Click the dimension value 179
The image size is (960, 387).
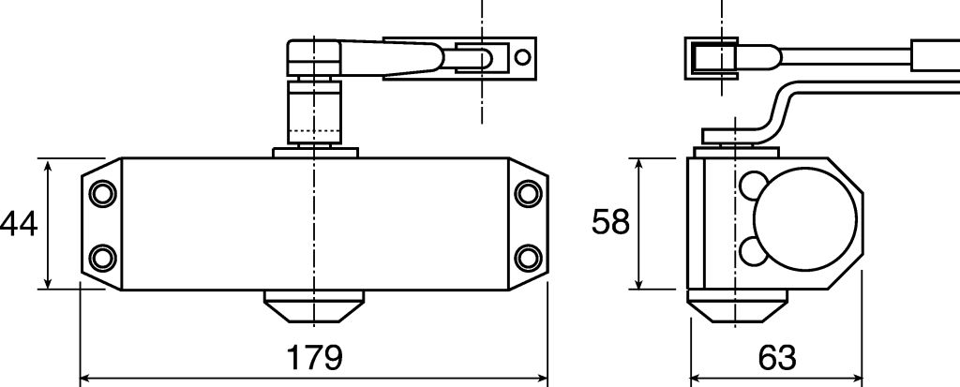click(314, 358)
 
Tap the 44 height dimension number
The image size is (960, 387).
click(19, 224)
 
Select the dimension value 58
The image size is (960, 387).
click(610, 222)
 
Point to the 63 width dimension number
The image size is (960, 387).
click(777, 358)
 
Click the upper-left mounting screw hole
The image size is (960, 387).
click(102, 193)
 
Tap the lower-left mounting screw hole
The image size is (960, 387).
click(102, 258)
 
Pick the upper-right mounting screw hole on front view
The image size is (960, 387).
click(528, 193)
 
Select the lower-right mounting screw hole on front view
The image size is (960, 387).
click(528, 258)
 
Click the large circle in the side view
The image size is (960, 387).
click(805, 219)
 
